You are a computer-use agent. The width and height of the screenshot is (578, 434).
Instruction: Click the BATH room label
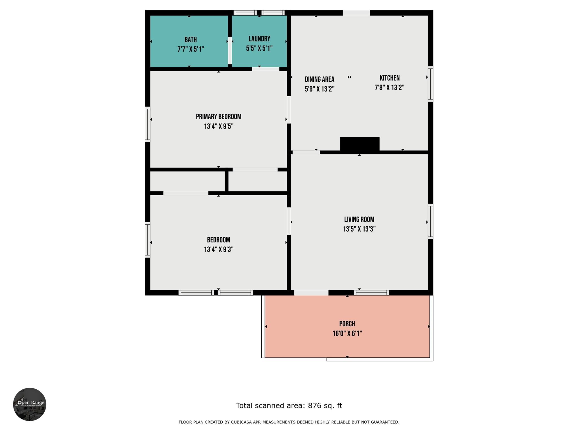tap(191, 40)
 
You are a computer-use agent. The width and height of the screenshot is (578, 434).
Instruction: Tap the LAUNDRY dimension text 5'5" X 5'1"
tap(259, 49)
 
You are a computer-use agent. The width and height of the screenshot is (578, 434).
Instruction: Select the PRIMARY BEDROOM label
tap(218, 117)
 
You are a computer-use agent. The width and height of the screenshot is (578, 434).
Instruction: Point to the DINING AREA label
tap(319, 79)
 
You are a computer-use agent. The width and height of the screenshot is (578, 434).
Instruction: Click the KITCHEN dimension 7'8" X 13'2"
tap(389, 88)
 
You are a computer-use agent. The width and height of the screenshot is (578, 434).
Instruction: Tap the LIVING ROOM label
tap(359, 220)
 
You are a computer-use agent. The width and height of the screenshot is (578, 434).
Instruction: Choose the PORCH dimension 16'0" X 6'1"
tap(347, 334)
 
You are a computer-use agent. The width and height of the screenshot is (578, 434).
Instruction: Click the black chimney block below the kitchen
tap(360, 144)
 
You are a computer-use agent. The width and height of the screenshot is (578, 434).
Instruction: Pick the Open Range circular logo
tap(30, 404)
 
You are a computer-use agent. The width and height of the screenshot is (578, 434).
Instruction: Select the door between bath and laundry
tap(230, 50)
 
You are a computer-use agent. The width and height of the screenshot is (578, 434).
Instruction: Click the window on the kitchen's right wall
tap(430, 84)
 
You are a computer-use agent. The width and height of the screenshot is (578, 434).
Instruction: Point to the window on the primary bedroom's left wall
tap(147, 124)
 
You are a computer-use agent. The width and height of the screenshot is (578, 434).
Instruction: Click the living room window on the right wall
tap(430, 222)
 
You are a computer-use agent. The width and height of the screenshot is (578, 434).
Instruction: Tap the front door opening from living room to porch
tap(311, 293)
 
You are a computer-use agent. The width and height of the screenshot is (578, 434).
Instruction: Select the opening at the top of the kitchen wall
tap(356, 13)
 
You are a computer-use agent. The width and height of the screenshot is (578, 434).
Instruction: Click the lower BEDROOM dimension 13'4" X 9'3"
tap(218, 250)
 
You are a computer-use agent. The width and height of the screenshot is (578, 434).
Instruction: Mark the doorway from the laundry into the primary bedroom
tap(266, 69)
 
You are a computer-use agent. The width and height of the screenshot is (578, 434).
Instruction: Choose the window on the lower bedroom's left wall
tap(147, 240)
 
